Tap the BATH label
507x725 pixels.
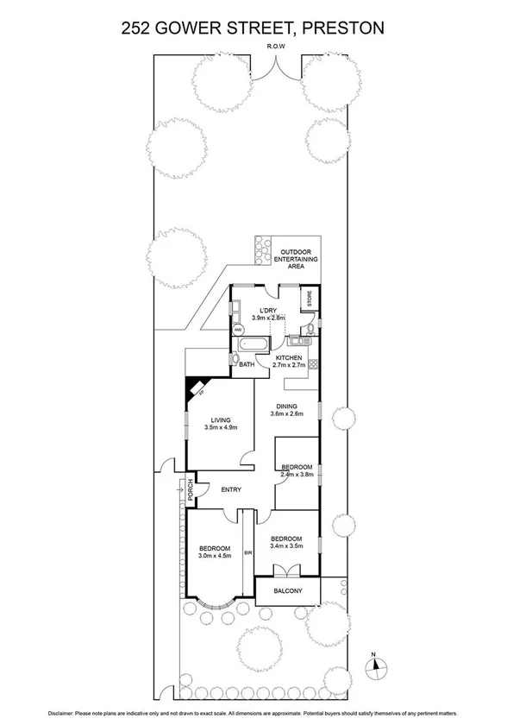click(x=247, y=364)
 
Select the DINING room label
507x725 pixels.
click(x=286, y=406)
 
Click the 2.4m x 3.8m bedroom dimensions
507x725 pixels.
click(x=297, y=474)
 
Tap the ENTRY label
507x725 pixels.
click(x=231, y=489)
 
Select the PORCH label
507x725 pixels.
click(x=191, y=490)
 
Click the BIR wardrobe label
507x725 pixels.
click(x=248, y=552)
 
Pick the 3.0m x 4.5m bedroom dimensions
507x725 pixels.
click(x=214, y=556)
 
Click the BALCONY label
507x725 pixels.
click(x=287, y=591)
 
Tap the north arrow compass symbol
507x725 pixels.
click(x=375, y=665)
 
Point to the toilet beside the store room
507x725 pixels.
click(x=307, y=329)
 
